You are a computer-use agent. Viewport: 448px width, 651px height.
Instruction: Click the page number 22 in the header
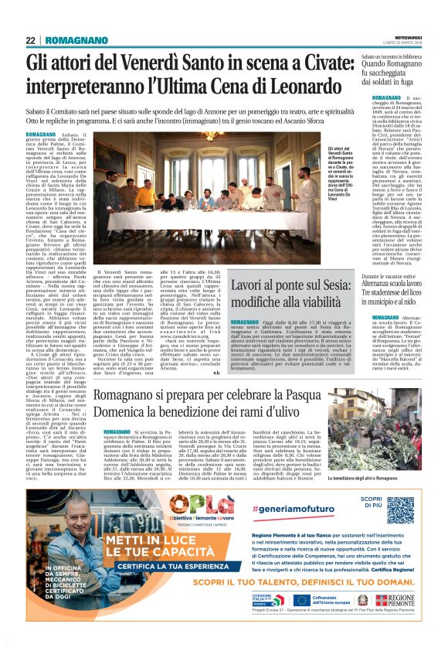[x=30, y=40]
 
